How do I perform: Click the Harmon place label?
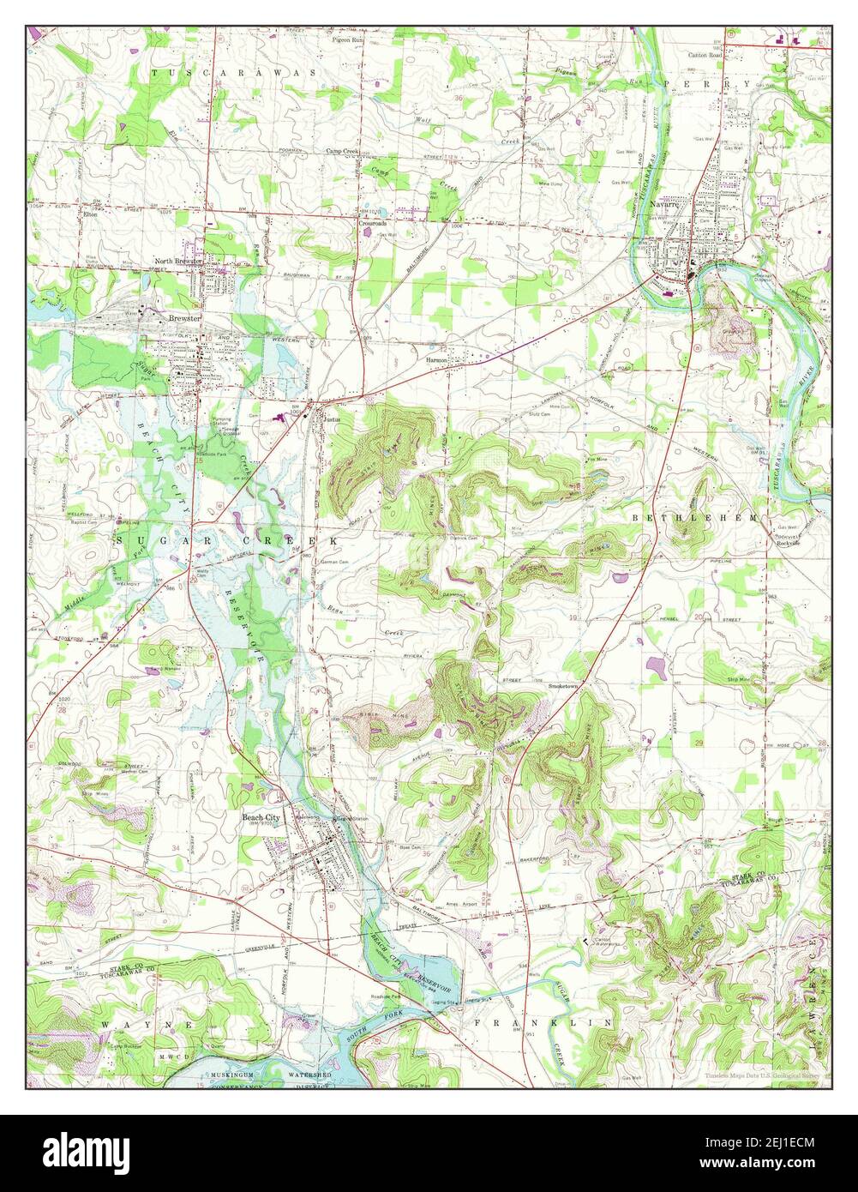[437, 360]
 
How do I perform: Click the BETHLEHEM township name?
[695, 519]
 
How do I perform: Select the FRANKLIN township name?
[543, 1023]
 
